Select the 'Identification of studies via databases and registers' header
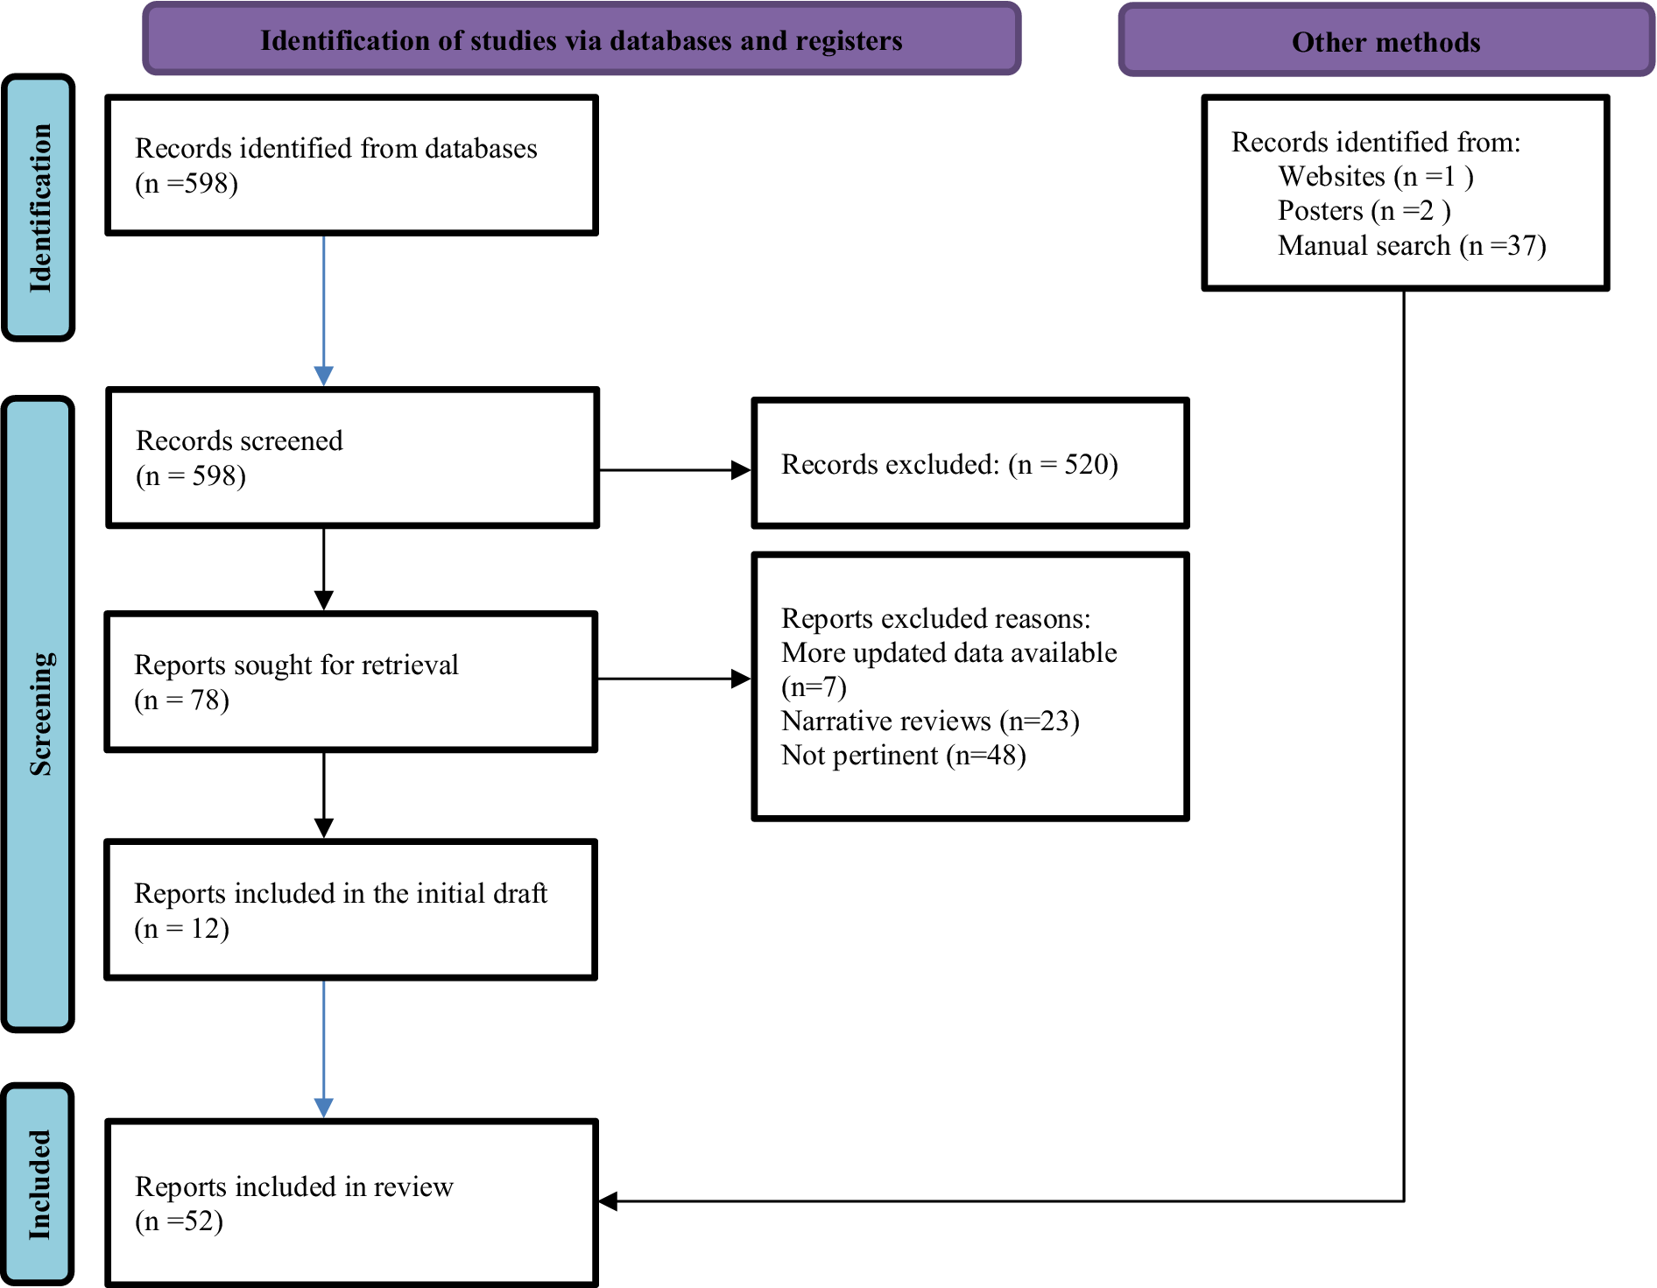point(582,40)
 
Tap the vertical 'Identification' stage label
point(39,208)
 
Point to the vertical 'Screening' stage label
point(39,714)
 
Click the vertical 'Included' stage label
point(39,1184)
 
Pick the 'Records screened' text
point(239,440)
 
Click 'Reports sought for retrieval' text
point(296,665)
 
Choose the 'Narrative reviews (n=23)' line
point(930,721)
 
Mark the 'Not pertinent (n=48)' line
point(904,755)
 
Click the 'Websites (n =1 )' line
point(1376,176)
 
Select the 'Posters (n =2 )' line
point(1364,210)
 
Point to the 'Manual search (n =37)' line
point(1412,245)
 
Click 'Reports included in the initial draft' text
point(341,893)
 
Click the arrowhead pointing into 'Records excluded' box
point(741,470)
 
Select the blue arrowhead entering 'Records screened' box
point(323,376)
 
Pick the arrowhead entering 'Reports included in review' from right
point(608,1201)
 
